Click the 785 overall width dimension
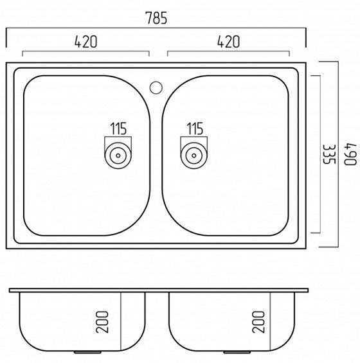pos(156,18)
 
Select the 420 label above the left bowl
pos(85,42)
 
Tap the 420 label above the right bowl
pos(228,42)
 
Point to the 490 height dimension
pos(350,154)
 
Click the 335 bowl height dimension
pos(329,154)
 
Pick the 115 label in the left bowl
pos(118,128)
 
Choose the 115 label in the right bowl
pos(195,128)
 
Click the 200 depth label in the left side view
pos(102,322)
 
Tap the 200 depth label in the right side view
pos(258,322)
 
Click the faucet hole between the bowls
pos(156,87)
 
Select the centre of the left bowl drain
pos(118,155)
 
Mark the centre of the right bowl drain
pos(194,155)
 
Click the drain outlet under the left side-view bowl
pos(87,352)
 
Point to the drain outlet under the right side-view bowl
pos(237,352)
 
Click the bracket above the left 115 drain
pos(118,137)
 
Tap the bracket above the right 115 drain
pos(194,137)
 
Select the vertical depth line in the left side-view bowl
pos(121,322)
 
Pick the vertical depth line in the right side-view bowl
pos(270,322)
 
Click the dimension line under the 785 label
pos(156,28)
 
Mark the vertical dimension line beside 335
pos(320,154)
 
